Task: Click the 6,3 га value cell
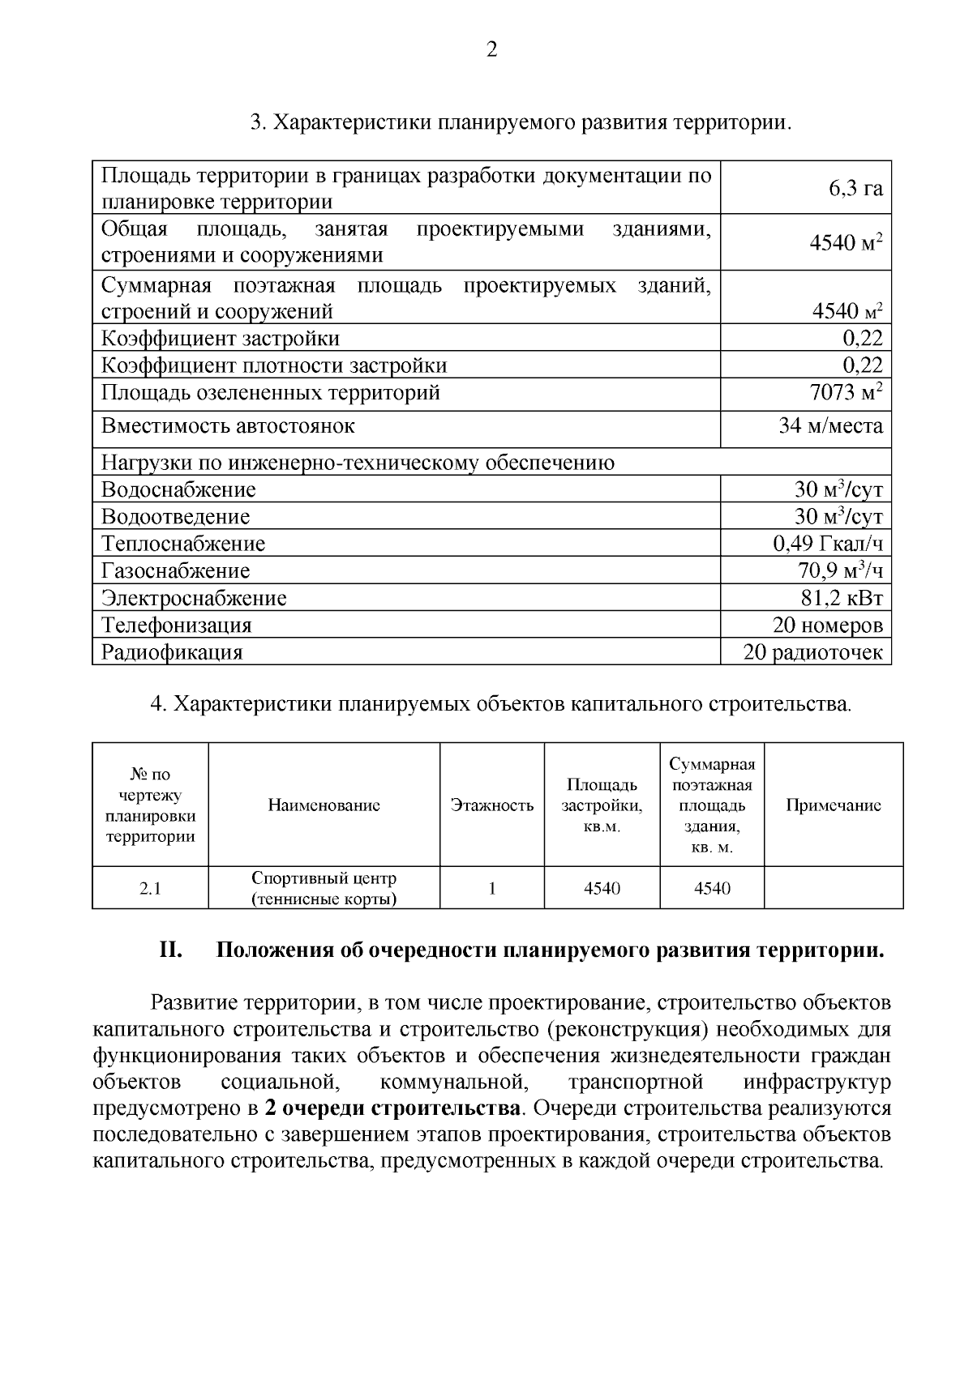click(855, 189)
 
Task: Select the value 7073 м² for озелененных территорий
click(846, 393)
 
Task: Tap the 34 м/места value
click(830, 426)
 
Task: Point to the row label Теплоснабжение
click(183, 544)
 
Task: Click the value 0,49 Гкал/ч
click(827, 544)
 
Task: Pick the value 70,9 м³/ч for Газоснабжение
click(840, 571)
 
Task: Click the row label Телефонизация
click(177, 626)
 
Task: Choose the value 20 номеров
click(827, 626)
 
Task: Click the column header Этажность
click(492, 805)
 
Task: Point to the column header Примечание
click(834, 805)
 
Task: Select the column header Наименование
click(324, 805)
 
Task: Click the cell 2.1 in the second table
click(150, 889)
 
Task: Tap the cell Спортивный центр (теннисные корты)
click(324, 889)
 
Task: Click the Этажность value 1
click(492, 889)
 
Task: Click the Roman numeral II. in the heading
click(170, 950)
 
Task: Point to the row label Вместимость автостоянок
click(228, 426)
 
